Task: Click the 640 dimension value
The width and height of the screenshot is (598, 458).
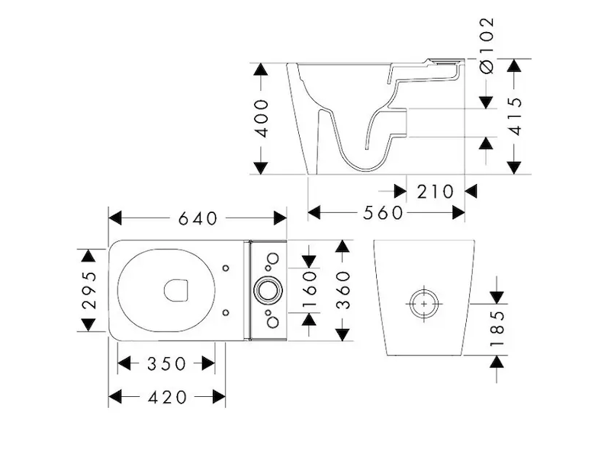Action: pos(198,218)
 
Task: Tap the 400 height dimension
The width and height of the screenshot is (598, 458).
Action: pos(261,117)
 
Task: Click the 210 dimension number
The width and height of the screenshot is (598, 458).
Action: pos(435,191)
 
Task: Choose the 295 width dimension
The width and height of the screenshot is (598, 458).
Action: pos(89,290)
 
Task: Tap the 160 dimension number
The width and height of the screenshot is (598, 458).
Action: pos(309,289)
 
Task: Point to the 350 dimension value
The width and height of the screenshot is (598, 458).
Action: pos(166,363)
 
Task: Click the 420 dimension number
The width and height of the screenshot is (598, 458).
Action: pos(166,396)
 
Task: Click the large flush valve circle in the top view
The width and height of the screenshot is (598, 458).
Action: pos(267,289)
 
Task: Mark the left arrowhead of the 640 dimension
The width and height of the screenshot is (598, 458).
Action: pos(115,218)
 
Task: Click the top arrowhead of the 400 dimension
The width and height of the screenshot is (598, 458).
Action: pos(261,69)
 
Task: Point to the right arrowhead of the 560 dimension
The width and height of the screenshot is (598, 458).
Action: pos(458,213)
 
